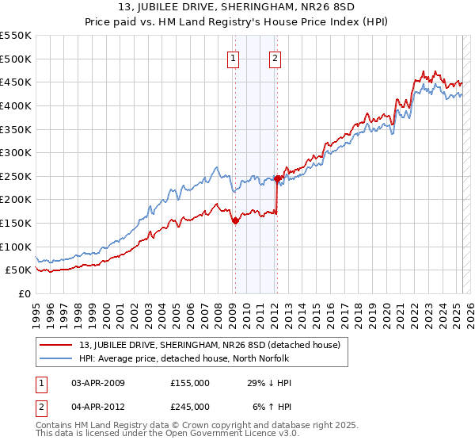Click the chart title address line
[237, 8]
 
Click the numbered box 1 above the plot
[234, 57]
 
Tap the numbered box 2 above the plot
[275, 57]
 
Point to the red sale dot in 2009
[235, 221]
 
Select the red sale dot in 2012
[277, 179]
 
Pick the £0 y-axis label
[24, 293]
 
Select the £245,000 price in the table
[190, 406]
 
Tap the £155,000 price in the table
[190, 383]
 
